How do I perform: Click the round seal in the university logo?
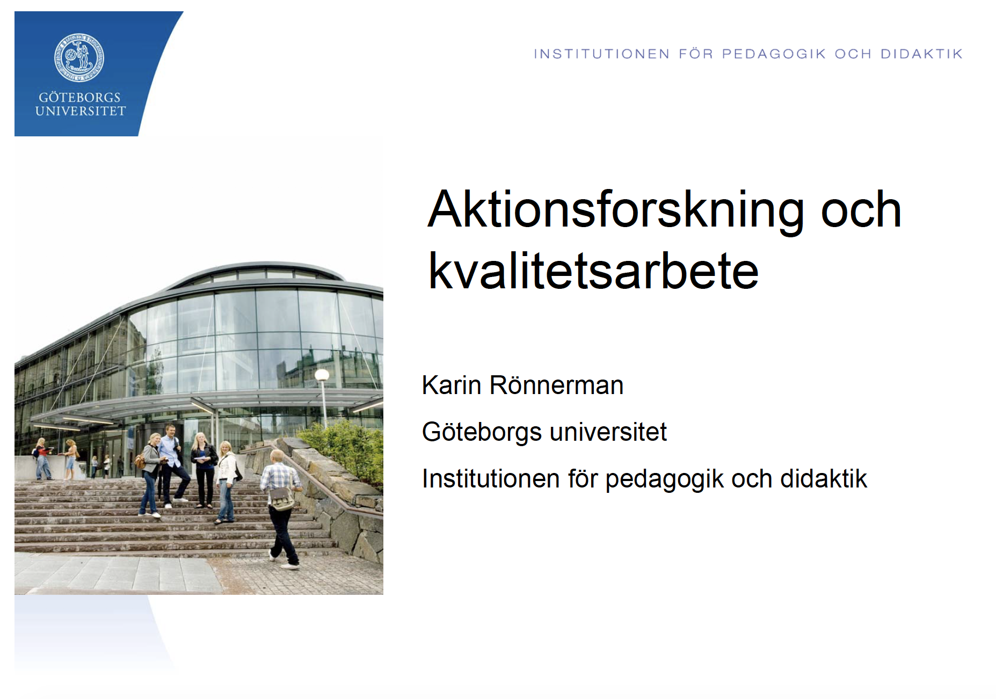[x=79, y=57]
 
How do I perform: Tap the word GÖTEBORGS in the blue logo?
[x=79, y=97]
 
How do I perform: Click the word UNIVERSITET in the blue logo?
[x=80, y=111]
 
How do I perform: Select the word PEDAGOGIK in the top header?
[x=774, y=54]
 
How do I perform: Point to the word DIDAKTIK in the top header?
[x=921, y=54]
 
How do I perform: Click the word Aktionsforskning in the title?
[x=616, y=210]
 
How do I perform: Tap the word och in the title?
[x=861, y=210]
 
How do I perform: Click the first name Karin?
[x=451, y=385]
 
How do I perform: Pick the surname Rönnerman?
[x=556, y=385]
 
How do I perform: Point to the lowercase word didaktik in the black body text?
[x=824, y=478]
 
